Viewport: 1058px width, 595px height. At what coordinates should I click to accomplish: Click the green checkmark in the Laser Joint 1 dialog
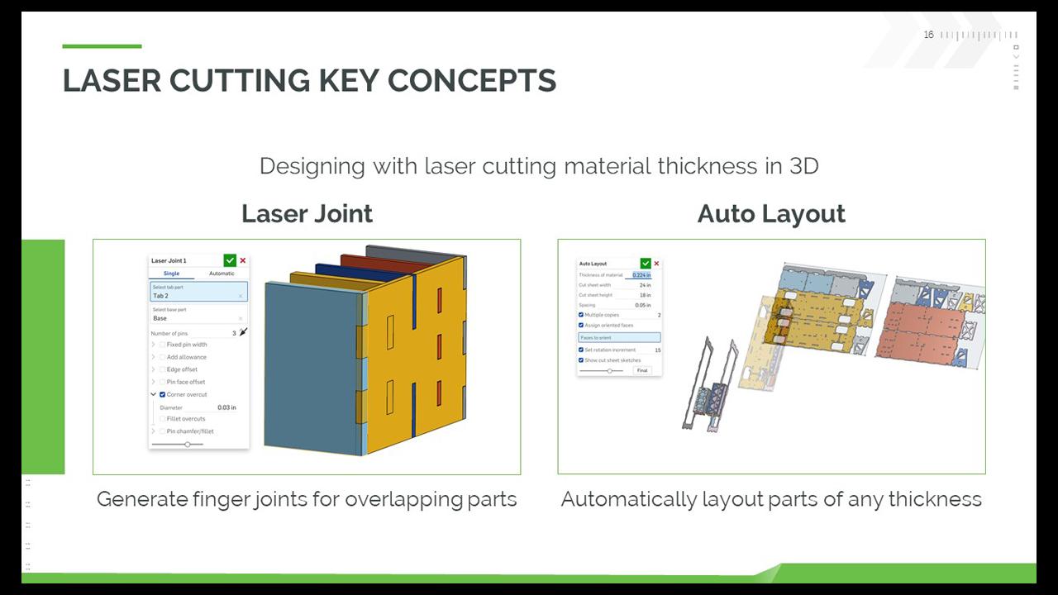tap(230, 260)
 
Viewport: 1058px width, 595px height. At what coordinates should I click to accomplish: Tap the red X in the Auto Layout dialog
tap(656, 264)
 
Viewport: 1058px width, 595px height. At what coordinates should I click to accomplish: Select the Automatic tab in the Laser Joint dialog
tap(222, 274)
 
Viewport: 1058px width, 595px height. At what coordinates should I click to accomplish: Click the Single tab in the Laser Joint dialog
tap(171, 274)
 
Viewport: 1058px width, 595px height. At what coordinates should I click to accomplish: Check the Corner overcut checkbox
tap(162, 395)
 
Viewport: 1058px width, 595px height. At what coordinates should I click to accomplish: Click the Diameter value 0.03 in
tap(226, 407)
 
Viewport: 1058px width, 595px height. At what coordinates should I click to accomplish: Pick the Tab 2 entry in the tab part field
tap(160, 296)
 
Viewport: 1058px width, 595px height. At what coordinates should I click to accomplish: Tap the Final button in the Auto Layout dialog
tap(642, 370)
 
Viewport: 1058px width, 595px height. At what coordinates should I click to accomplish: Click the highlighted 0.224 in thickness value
tap(641, 275)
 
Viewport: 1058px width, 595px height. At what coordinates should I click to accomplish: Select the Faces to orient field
tap(619, 338)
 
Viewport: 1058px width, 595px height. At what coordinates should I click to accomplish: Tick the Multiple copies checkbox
tap(581, 315)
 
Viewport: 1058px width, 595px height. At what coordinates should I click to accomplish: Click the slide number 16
tap(928, 35)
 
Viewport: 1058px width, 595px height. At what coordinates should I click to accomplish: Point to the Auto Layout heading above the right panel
tap(771, 214)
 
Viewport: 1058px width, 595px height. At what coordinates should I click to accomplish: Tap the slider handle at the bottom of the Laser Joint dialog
tap(188, 445)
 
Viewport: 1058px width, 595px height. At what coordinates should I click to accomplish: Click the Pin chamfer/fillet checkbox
tap(162, 431)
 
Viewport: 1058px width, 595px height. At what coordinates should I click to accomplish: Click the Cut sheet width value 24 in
tap(645, 285)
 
